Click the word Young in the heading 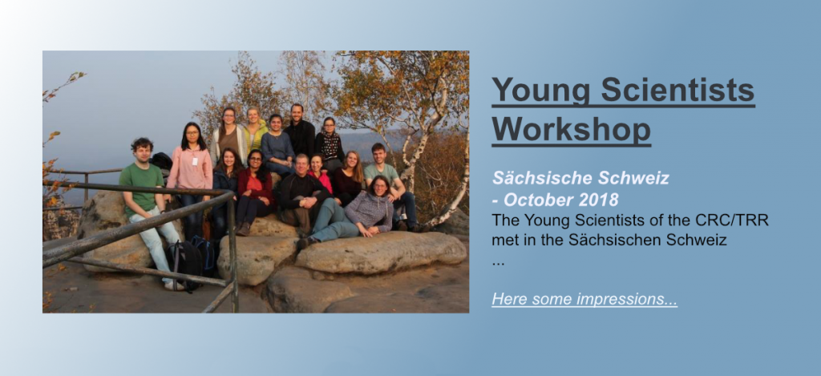click(541, 90)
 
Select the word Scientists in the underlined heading click(677, 90)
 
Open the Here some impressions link click(584, 299)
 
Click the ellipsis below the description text click(498, 264)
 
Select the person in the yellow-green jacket click(254, 131)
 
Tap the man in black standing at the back click(299, 131)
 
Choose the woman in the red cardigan click(254, 191)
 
